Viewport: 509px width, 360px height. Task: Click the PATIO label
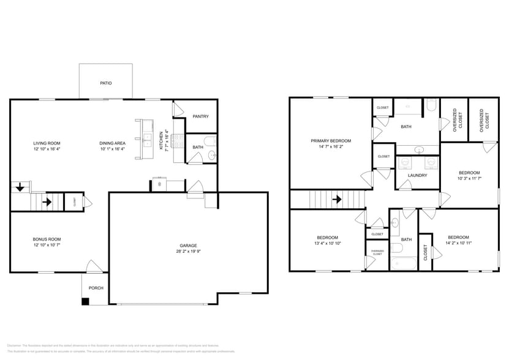click(x=106, y=83)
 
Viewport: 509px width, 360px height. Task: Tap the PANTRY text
click(x=201, y=116)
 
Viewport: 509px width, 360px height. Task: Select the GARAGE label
click(x=188, y=245)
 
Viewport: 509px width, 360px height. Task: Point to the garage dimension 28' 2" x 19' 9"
click(x=188, y=251)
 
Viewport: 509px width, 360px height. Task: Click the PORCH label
click(x=96, y=288)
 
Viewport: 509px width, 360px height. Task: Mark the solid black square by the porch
click(x=86, y=301)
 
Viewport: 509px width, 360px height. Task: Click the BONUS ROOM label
click(x=47, y=239)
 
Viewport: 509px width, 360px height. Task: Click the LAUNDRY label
click(x=417, y=175)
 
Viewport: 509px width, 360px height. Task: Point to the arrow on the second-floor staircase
click(x=336, y=199)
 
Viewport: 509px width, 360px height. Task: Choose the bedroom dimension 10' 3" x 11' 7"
click(x=469, y=178)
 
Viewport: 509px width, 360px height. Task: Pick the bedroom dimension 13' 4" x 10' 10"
click(x=328, y=243)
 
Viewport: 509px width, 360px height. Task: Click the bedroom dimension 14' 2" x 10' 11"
click(x=458, y=243)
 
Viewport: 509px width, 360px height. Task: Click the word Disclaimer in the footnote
click(x=13, y=345)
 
